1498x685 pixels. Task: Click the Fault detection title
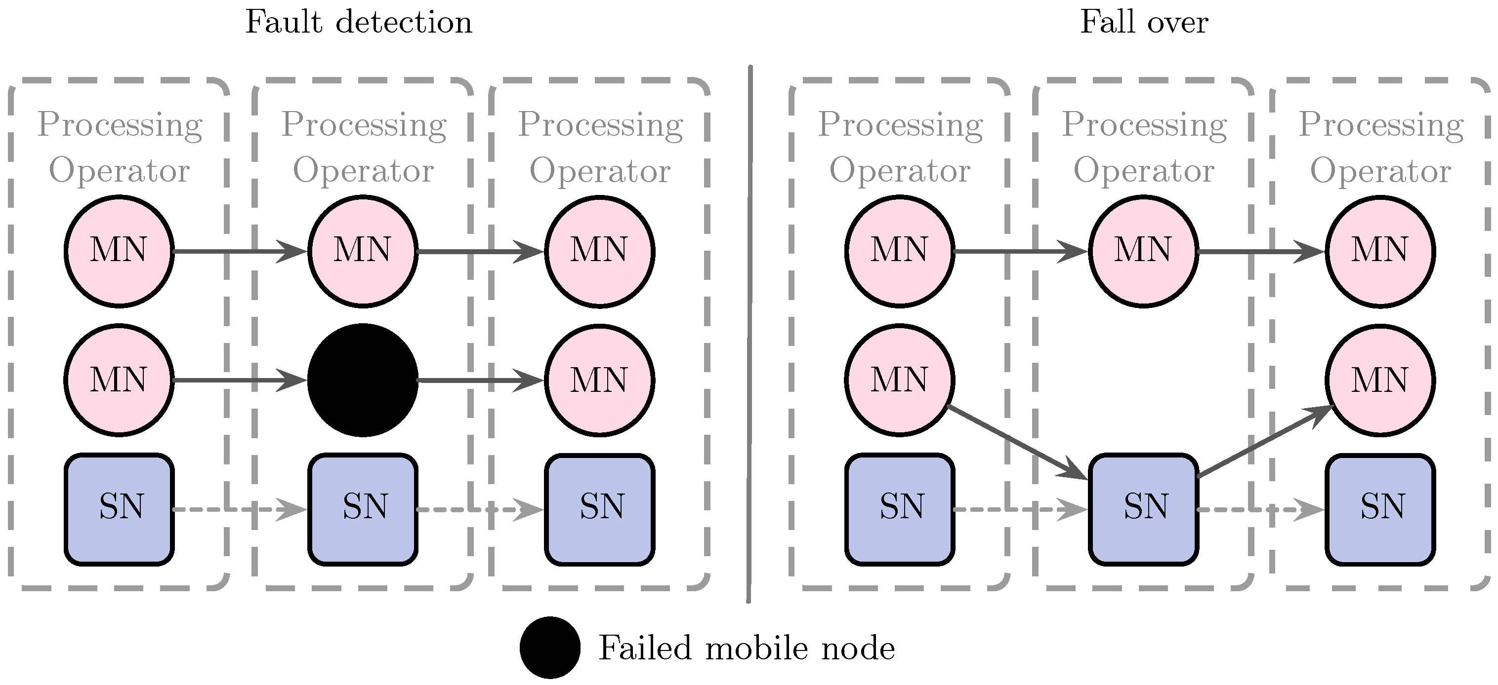358,23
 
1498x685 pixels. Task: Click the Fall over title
1143,23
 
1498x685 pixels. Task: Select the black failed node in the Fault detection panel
362,380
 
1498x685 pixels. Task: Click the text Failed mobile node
746,648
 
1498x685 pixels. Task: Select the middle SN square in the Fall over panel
1143,509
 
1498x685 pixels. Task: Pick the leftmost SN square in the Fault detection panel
119,509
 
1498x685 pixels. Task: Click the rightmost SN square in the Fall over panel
1380,509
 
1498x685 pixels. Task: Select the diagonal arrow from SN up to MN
1265,443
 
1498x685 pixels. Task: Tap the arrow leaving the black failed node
480,380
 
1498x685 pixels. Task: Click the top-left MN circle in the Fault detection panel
119,251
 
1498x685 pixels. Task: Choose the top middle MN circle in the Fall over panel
1143,251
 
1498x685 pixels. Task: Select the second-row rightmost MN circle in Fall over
1380,380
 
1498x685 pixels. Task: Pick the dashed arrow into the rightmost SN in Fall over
1261,509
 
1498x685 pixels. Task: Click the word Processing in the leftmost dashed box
120,125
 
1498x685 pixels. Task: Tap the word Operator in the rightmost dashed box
1380,171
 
